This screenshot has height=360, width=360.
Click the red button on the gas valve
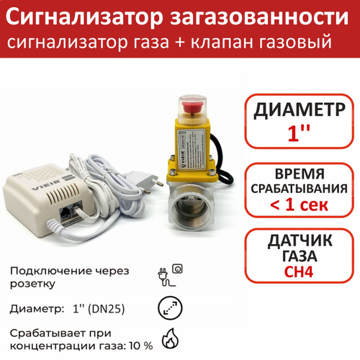[192, 106]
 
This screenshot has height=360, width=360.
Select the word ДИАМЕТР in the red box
[300, 110]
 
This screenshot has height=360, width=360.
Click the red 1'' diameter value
[299, 132]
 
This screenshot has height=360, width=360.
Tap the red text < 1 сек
[299, 204]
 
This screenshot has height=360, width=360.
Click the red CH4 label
[299, 271]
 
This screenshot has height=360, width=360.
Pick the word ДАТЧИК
[300, 240]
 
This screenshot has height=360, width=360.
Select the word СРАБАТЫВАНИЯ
[300, 189]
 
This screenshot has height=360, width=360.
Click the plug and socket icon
[170, 275]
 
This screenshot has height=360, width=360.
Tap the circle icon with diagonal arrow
[170, 307]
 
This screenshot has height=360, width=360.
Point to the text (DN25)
[107, 309]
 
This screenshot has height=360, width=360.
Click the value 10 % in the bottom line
[141, 346]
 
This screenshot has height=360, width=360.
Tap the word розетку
[32, 284]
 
